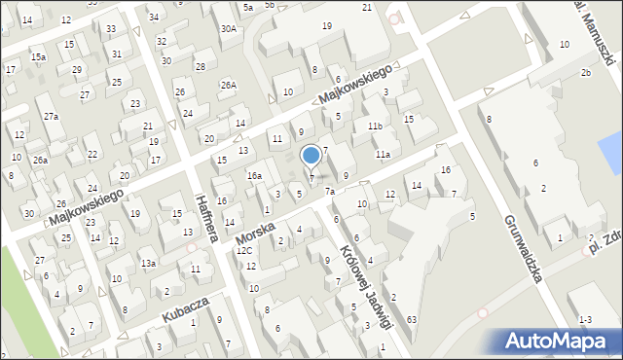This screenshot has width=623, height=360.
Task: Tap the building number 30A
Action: [x=229, y=29]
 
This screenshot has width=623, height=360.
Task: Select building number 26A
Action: [x=228, y=85]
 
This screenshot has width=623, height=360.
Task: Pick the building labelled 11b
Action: [x=375, y=126]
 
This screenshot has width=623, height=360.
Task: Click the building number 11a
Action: [x=384, y=155]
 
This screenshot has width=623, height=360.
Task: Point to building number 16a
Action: [x=254, y=175]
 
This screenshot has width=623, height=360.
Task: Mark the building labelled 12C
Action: [x=244, y=251]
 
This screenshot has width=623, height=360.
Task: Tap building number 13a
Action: [x=148, y=264]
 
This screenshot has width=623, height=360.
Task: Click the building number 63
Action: [x=412, y=319]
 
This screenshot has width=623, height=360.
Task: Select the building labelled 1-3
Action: [x=584, y=319]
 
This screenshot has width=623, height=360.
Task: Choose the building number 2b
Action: [x=586, y=73]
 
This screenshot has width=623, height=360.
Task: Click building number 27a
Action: [x=51, y=117]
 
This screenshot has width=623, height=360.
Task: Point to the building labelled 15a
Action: [x=38, y=57]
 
